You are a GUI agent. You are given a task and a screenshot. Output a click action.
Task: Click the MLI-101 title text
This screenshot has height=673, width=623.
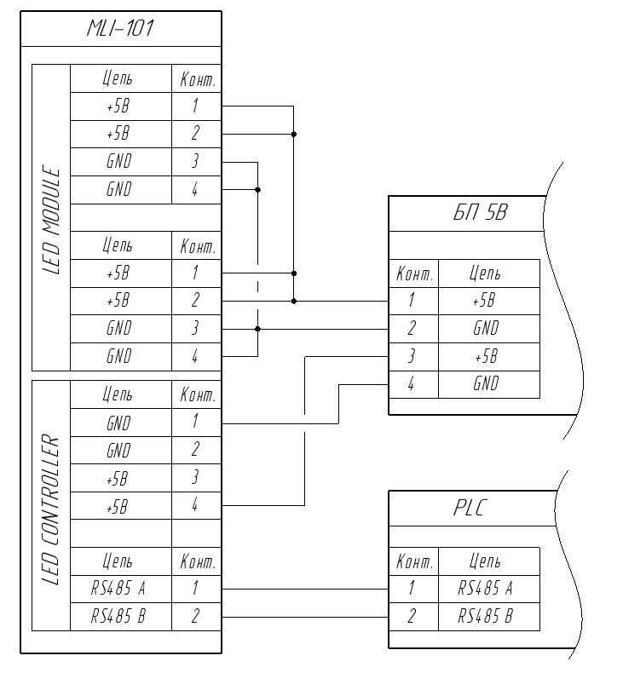(x=120, y=29)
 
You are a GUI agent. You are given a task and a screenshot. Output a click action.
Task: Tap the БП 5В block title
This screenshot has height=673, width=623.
(x=480, y=213)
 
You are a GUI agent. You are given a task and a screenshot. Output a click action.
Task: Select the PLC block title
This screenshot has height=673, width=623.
(x=468, y=509)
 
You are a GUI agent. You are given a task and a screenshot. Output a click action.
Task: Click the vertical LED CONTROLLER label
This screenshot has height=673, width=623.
(x=51, y=511)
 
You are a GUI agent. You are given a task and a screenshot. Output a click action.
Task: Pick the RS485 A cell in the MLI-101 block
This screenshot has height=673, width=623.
(x=119, y=588)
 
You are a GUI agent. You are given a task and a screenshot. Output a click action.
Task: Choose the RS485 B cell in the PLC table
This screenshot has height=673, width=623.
(x=485, y=616)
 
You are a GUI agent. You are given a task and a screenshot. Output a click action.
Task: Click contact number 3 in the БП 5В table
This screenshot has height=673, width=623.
(x=412, y=356)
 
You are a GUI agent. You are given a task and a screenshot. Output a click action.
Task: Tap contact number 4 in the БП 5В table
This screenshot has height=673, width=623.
(x=412, y=383)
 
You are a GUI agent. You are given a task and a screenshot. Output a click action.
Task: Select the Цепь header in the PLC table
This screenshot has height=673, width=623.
(x=485, y=561)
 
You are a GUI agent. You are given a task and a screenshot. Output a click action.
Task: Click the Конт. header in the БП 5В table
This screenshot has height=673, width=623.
(x=414, y=274)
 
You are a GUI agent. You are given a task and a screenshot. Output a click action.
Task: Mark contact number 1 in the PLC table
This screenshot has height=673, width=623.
(x=412, y=588)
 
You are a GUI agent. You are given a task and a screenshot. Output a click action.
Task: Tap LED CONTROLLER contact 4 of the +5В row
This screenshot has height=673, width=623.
(x=195, y=505)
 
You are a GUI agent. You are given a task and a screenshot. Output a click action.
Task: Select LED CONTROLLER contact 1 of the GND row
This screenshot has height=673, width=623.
(x=195, y=422)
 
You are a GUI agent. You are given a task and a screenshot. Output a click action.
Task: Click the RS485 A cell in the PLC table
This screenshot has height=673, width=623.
(x=485, y=588)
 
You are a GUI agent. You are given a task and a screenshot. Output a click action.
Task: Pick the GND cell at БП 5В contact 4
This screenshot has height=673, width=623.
(x=485, y=383)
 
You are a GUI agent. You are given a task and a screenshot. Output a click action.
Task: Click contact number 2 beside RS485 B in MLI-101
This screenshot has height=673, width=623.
(x=195, y=616)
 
